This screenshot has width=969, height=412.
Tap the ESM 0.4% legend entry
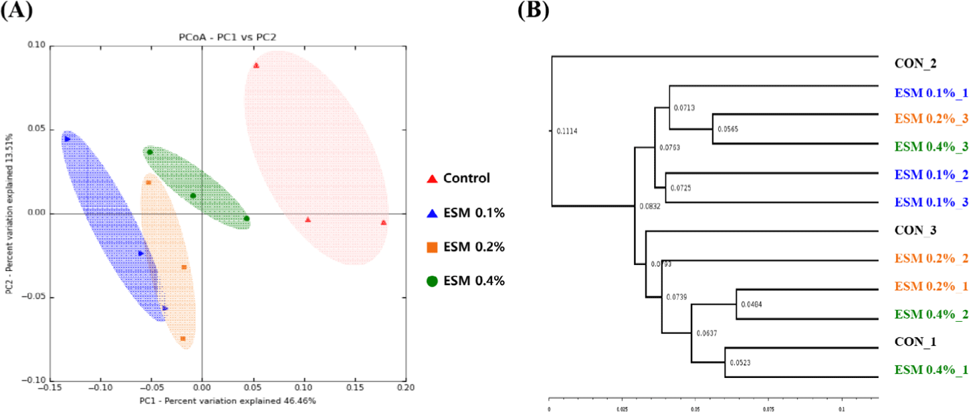coord(465,280)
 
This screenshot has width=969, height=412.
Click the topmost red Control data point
coord(256,65)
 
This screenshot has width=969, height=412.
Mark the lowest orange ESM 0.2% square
coord(183,339)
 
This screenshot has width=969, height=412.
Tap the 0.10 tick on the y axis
coord(35,45)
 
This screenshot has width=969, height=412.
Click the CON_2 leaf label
coord(915,65)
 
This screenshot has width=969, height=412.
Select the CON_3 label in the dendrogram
coord(915,230)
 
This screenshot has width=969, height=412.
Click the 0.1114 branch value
coord(566,131)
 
